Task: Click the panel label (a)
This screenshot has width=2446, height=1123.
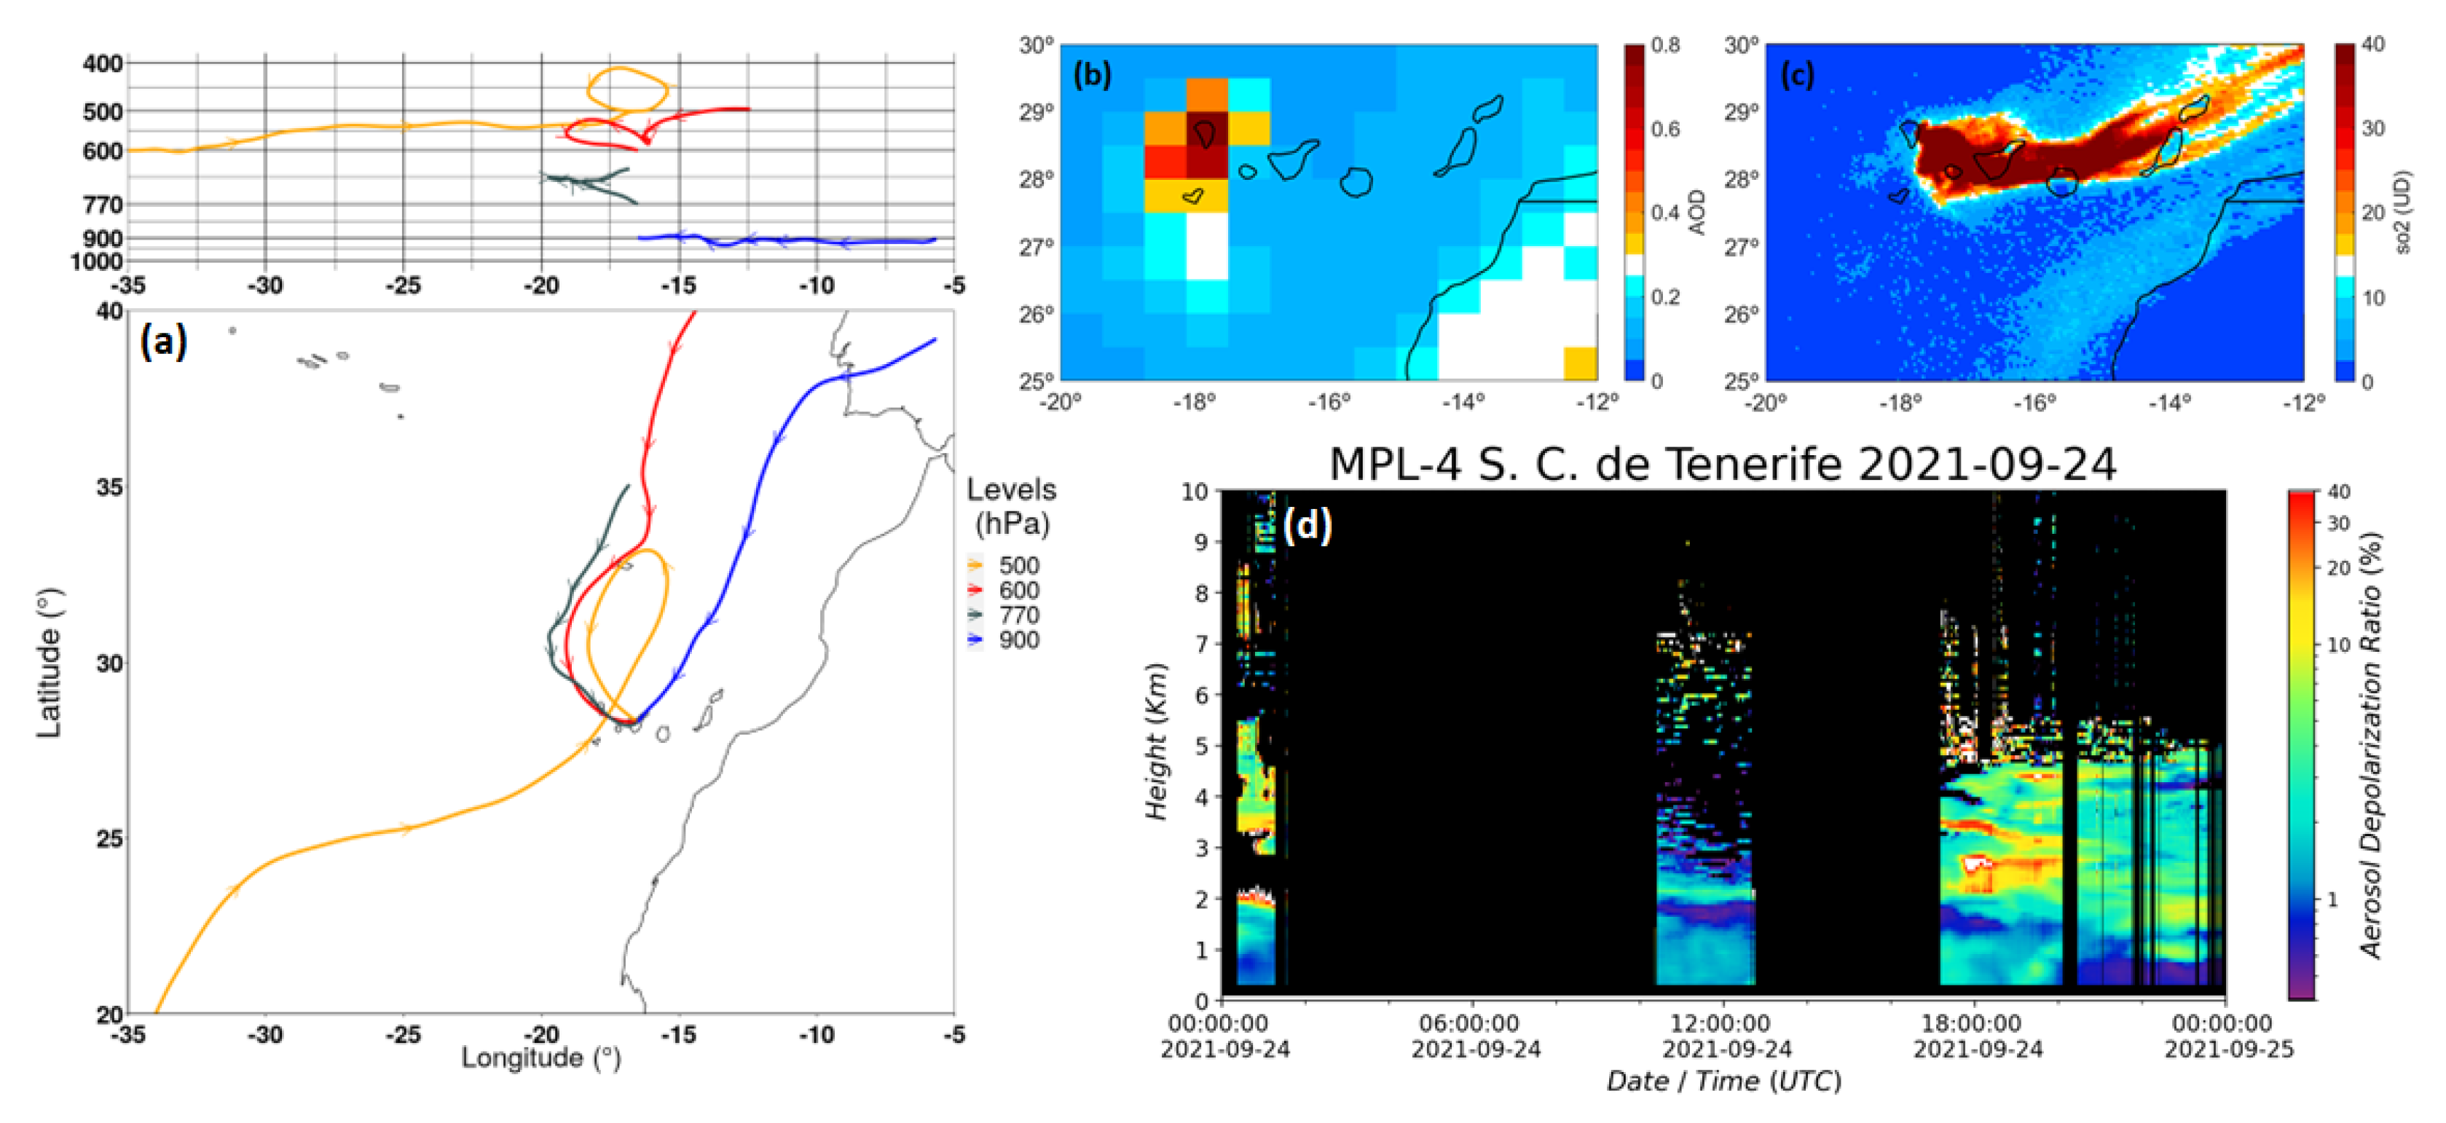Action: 162,341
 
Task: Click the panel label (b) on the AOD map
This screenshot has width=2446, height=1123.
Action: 1091,75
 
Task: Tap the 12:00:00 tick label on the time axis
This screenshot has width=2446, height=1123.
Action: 1720,1023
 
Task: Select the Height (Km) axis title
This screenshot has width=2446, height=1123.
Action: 1155,741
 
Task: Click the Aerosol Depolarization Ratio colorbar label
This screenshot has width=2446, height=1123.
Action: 2371,745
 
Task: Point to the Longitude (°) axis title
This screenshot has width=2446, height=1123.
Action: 540,1057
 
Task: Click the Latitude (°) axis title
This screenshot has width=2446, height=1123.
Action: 50,663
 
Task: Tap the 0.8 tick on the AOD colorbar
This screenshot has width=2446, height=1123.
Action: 1664,44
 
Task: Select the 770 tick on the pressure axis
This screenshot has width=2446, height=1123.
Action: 103,204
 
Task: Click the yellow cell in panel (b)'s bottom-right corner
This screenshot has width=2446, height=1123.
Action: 1579,363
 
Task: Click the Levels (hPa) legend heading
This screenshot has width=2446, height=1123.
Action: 1011,506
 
